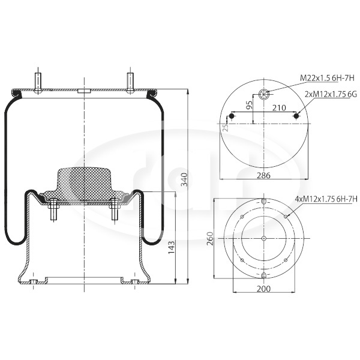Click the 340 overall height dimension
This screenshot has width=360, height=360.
[184, 179]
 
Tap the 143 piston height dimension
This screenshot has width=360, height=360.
[172, 247]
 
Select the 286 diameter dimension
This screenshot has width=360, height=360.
[263, 175]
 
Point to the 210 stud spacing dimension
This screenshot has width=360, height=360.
[279, 107]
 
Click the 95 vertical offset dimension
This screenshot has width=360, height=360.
[249, 104]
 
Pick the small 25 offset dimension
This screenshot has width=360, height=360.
[226, 127]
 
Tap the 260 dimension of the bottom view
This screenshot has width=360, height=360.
[211, 239]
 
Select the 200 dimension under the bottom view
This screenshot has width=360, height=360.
[263, 289]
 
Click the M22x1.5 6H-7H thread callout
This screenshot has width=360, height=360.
[328, 78]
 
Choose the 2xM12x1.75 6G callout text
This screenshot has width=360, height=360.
[331, 94]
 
